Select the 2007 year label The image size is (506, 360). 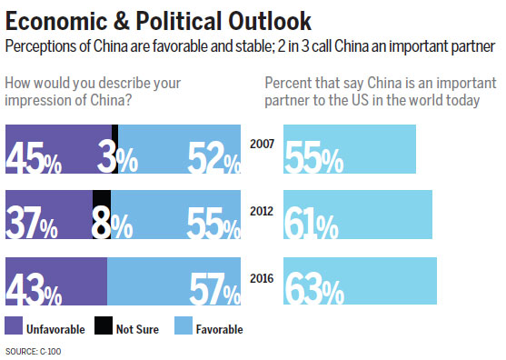[x=261, y=144]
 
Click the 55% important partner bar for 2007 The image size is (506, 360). [x=350, y=148]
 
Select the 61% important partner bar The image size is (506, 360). [x=358, y=215]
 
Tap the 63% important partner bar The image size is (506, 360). [x=360, y=283]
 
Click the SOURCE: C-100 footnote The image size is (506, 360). [x=35, y=350]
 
